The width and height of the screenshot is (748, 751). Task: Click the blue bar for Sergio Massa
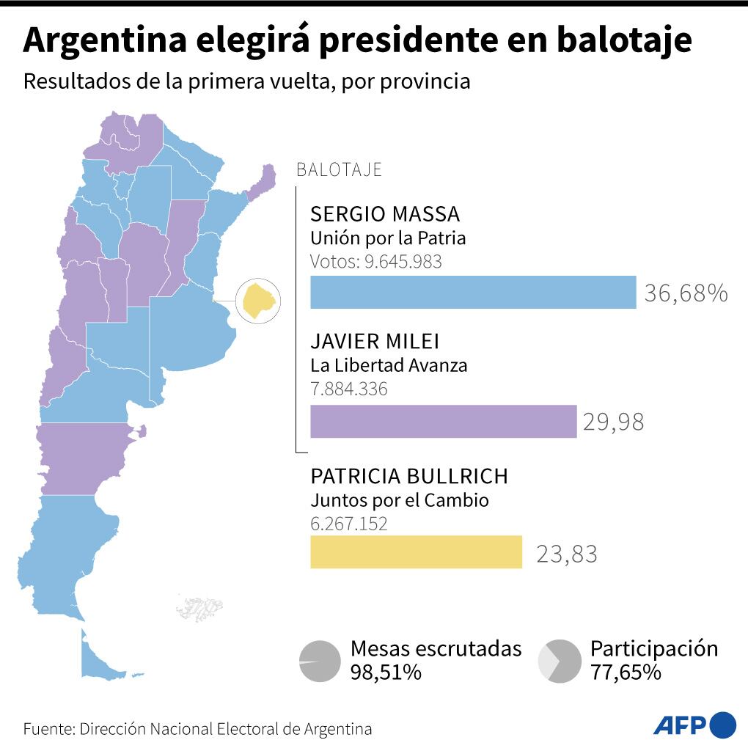tap(473, 292)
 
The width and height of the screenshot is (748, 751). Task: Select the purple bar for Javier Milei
tap(443, 422)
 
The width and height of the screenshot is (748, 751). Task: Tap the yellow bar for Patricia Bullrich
tap(416, 552)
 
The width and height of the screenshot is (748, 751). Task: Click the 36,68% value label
tap(686, 293)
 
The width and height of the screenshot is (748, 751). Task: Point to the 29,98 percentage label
tap(614, 422)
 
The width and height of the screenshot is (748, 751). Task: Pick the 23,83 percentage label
tap(567, 553)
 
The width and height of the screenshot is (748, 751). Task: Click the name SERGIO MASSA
tap(385, 214)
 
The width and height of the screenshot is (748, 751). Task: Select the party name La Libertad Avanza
tap(389, 365)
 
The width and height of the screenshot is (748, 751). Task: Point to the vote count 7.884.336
tap(349, 389)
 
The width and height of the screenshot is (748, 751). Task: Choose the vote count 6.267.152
tap(349, 524)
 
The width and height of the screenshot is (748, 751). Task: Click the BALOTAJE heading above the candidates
tap(339, 170)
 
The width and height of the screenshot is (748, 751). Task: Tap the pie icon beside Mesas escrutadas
tap(320, 661)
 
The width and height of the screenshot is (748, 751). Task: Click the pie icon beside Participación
tap(559, 661)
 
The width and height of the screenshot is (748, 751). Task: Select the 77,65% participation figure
tap(626, 672)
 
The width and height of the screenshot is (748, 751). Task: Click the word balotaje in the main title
tap(624, 41)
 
